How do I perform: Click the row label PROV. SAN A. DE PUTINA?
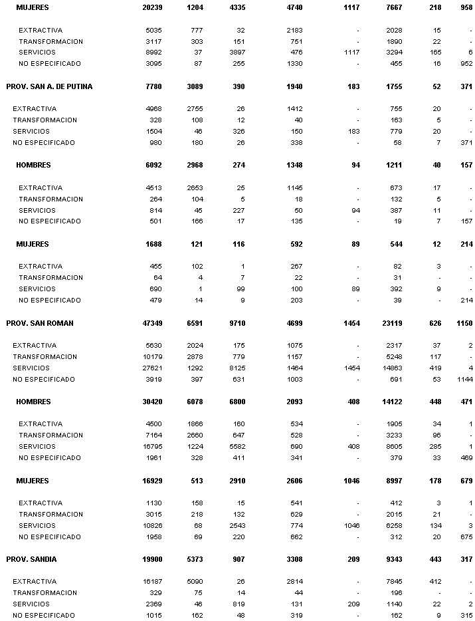coord(49,86)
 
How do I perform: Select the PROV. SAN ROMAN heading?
coord(40,323)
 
